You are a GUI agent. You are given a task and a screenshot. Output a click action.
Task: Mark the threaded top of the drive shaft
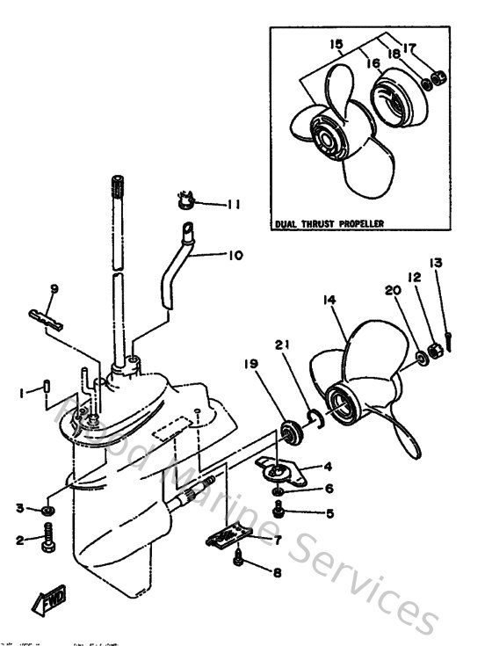coord(117,188)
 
